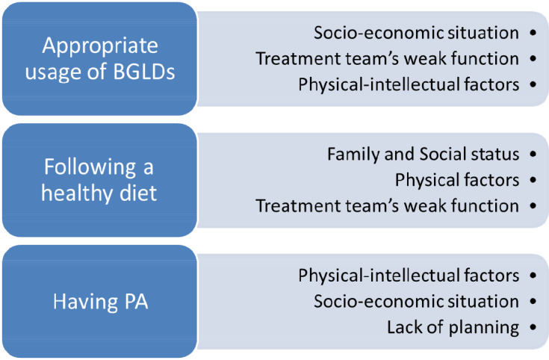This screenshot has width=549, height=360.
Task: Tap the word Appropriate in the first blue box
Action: (100, 46)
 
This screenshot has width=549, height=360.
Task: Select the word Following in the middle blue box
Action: (90, 167)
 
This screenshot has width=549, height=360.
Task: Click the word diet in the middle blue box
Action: (138, 193)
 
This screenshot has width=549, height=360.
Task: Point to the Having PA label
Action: (101, 302)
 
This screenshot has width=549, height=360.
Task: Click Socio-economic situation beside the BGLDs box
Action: (416, 33)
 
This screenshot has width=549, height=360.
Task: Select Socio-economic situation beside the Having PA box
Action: (416, 302)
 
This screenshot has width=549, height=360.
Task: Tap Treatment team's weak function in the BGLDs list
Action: (387, 58)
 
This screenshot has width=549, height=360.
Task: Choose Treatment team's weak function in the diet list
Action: (387, 206)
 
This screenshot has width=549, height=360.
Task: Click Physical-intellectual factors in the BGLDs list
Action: (409, 84)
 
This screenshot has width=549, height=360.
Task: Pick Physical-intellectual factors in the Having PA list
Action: (409, 276)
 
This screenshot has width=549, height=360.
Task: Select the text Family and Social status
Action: (423, 155)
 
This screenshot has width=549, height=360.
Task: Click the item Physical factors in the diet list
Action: (457, 180)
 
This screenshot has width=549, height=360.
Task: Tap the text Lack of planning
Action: (453, 328)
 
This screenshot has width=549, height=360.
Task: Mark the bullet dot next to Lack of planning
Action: (533, 327)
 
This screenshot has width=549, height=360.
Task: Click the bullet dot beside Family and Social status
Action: (533, 154)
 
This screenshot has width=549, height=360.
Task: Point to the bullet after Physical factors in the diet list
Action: (533, 180)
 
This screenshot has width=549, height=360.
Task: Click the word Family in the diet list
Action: (353, 155)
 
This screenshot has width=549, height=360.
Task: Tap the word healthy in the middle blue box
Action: (77, 193)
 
